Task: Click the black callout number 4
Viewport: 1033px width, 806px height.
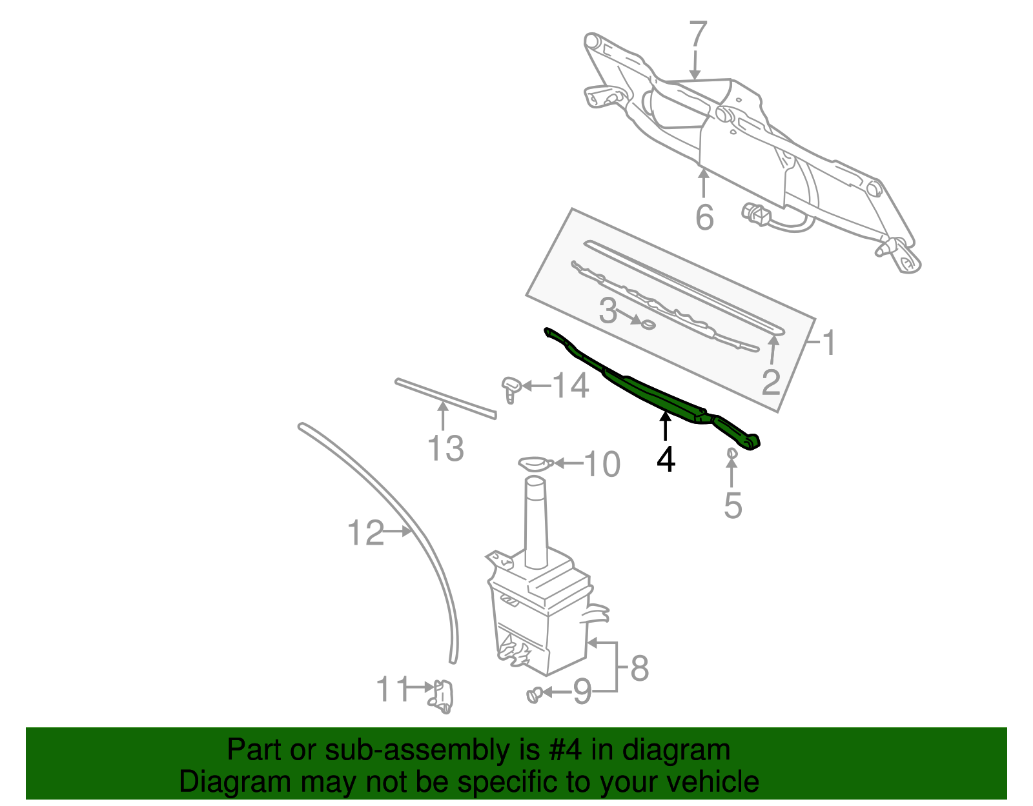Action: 666,460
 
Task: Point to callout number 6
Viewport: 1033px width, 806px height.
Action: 704,217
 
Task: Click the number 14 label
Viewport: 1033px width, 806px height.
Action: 571,387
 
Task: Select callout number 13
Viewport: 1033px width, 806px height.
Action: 445,448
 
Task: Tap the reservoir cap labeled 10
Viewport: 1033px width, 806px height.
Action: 535,463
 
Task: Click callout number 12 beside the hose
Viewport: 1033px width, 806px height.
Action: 365,533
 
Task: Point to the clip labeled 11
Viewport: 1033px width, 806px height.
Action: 443,697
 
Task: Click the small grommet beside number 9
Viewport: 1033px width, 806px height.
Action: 533,695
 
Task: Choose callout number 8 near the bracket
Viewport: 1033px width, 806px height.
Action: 639,669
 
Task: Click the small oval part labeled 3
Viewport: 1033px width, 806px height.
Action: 647,323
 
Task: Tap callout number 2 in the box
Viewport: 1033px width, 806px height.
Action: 770,383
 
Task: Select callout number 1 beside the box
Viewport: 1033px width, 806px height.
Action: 830,343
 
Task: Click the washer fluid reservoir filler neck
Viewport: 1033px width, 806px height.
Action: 536,523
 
